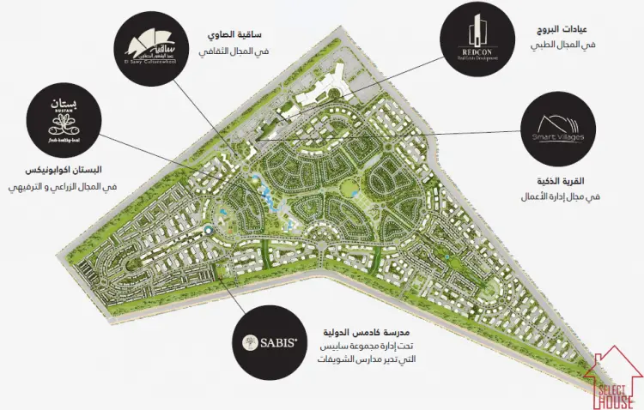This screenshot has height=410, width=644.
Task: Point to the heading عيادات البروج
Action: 562,28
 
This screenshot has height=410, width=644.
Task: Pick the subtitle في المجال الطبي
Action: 565,45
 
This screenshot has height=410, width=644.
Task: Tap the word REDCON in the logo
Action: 474,51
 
